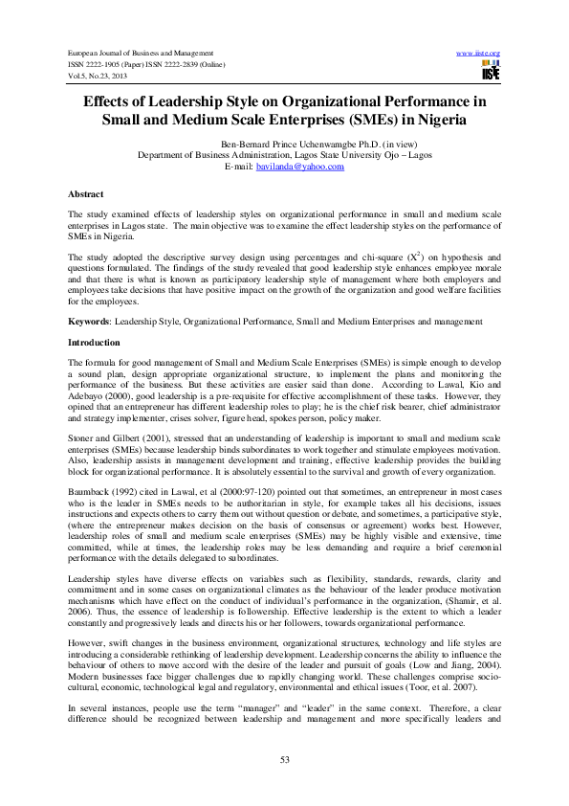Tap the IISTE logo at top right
[x=491, y=70]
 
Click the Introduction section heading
[x=94, y=342]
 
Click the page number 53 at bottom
[x=284, y=758]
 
